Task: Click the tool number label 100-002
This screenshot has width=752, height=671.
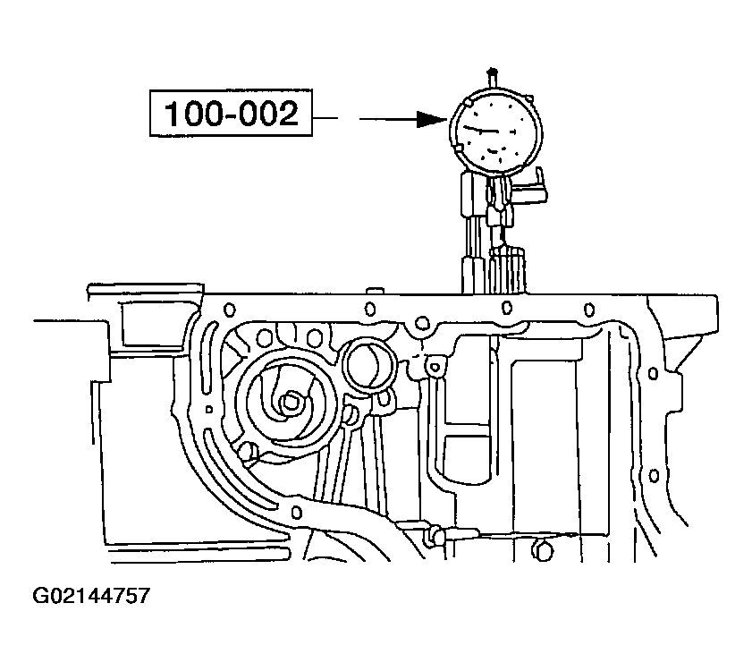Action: pos(230,114)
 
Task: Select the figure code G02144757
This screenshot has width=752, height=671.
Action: pos(91,595)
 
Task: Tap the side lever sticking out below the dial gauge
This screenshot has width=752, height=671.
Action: pos(531,191)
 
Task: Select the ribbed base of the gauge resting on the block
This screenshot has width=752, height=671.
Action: pos(507,271)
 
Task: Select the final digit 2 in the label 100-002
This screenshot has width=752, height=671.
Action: pos(286,114)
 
